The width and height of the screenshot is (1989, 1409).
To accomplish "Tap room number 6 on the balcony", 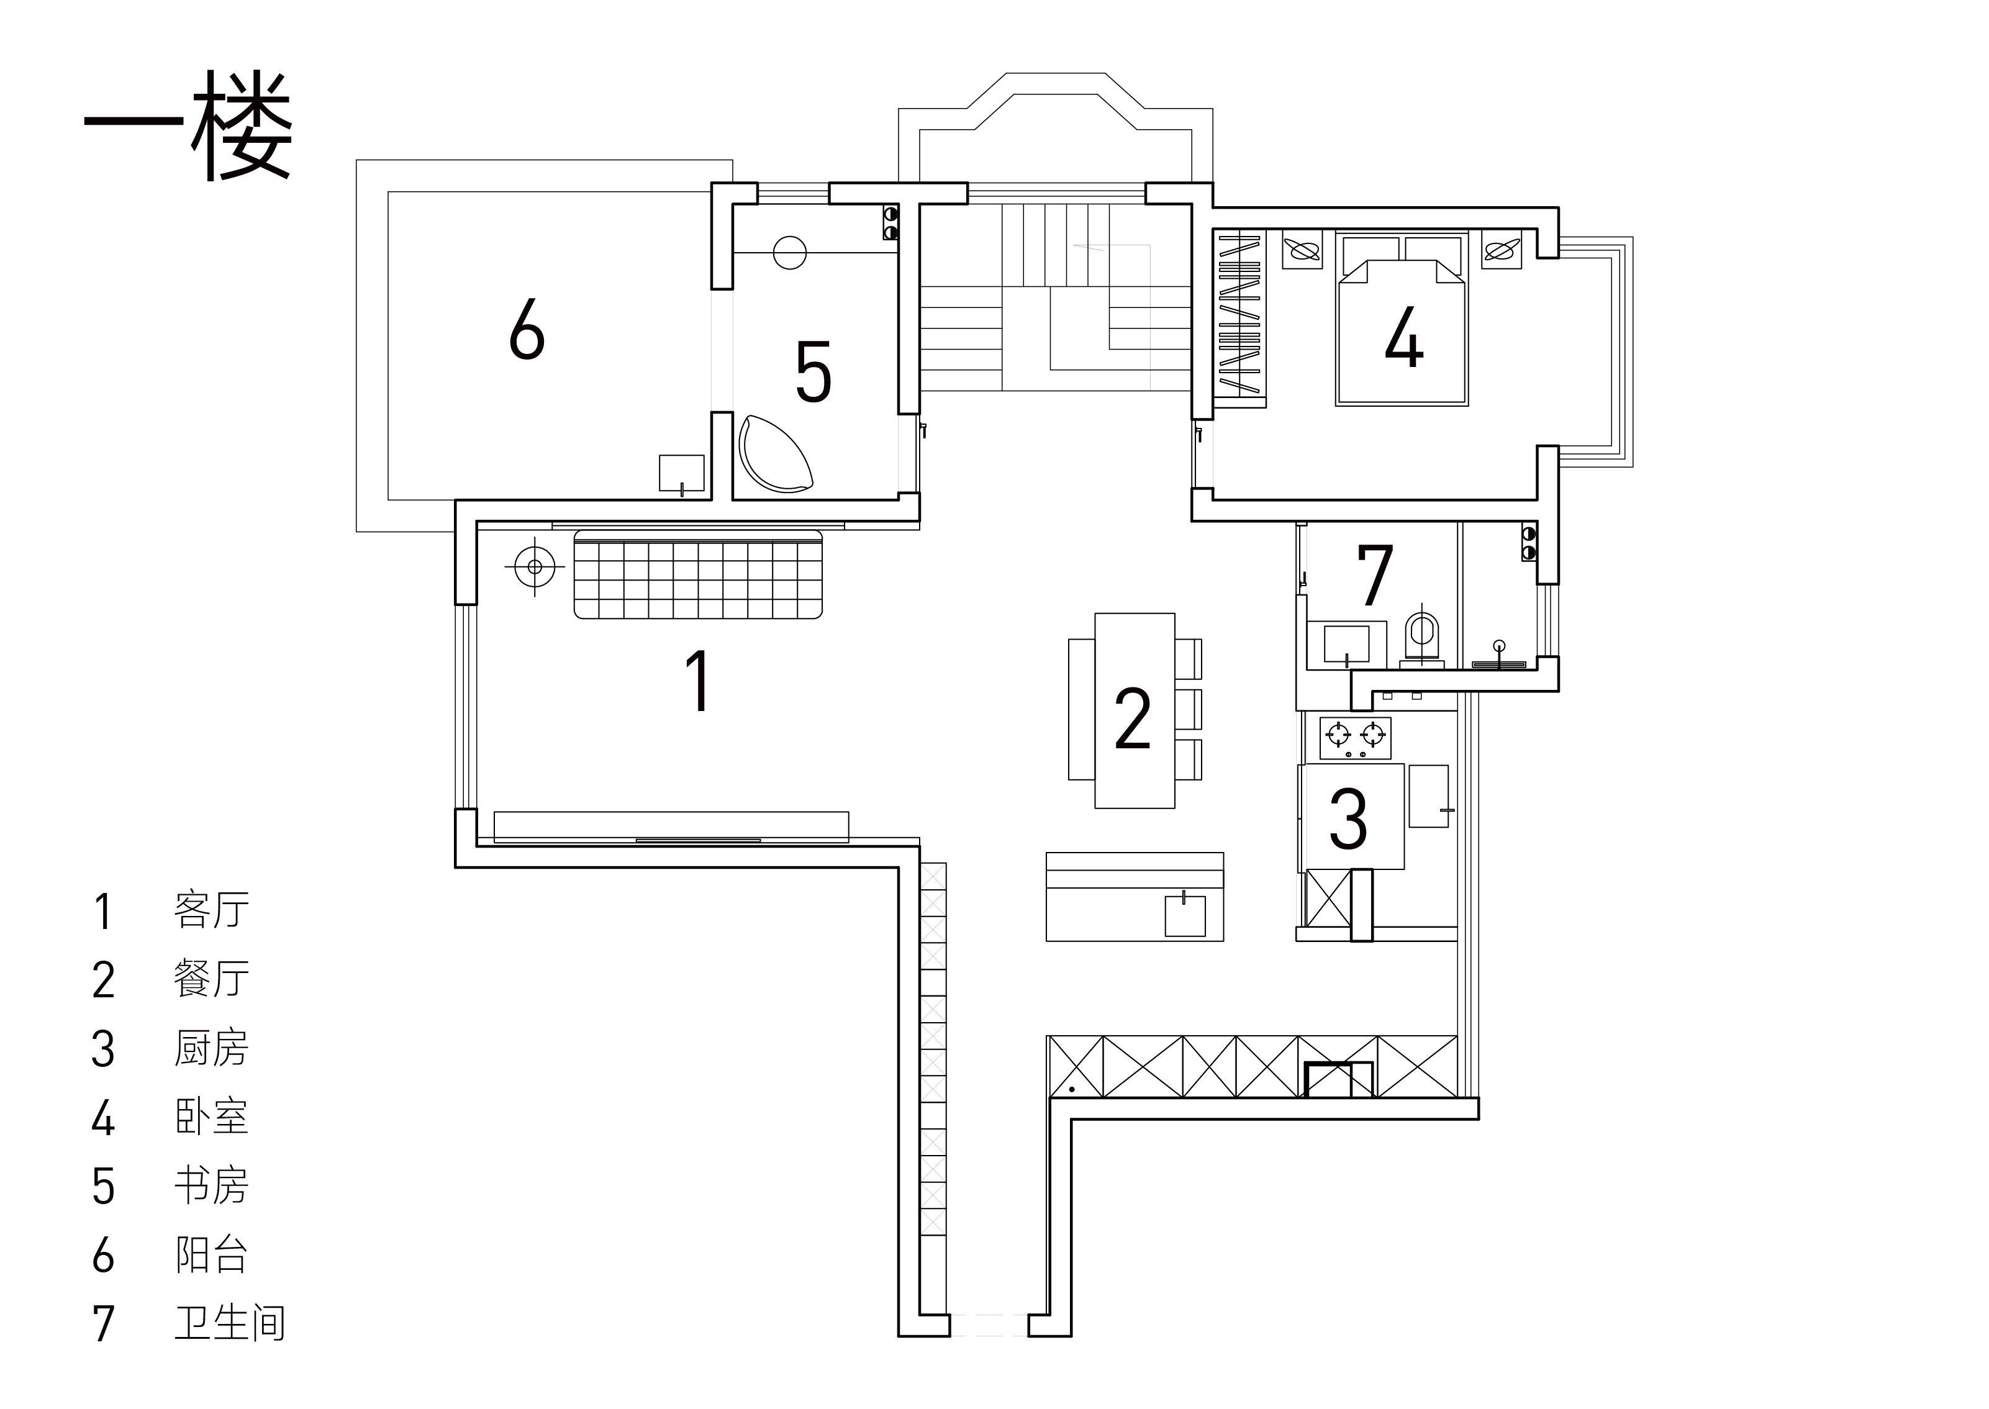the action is point(527,329).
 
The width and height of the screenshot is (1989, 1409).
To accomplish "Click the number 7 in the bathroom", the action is point(1375,574).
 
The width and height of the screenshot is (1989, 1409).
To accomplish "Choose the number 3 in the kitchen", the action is point(1348,818).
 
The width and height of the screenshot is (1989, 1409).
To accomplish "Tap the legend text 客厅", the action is point(212,909).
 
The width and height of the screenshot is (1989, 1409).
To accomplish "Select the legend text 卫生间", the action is point(230,1323).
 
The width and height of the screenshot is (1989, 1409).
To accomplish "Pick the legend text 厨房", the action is point(212,1048).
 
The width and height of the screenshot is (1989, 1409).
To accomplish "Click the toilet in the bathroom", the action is point(1421,638).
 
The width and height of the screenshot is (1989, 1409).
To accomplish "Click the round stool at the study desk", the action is point(789,253).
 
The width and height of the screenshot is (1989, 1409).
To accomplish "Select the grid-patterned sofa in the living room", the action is point(698,574).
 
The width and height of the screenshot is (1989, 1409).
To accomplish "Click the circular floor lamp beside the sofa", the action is point(534,568).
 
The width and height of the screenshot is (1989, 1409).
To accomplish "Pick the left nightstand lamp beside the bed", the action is point(1301,250).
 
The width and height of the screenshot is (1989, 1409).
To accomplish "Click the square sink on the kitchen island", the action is point(1185,915).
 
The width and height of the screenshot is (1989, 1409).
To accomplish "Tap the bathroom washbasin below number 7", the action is point(1346,645).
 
